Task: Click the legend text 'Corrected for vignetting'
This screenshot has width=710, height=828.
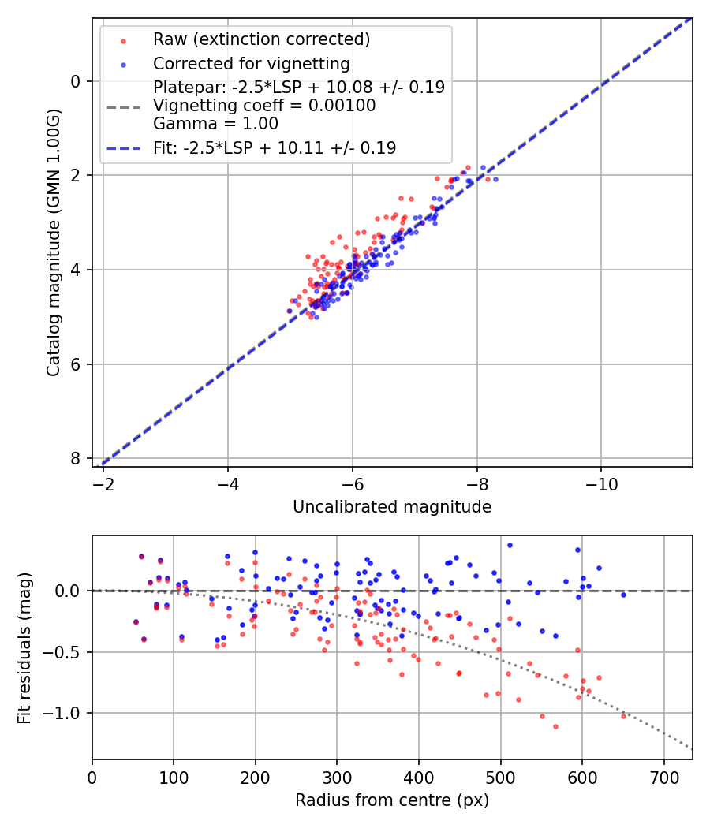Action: [251, 63]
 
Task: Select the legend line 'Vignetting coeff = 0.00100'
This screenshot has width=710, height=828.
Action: [264, 105]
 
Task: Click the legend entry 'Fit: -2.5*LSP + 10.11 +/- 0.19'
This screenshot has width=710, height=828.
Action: [275, 147]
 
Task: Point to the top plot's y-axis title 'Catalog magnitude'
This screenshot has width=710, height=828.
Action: [54, 242]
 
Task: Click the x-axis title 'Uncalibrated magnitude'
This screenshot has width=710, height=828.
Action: [392, 507]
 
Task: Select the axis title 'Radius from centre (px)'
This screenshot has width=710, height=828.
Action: [392, 800]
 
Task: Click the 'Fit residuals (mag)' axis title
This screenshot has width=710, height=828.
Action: [24, 647]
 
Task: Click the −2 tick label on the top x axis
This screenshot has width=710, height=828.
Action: [103, 482]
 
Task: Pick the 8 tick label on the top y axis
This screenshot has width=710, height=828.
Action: [75, 458]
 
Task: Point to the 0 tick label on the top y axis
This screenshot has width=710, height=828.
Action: [75, 81]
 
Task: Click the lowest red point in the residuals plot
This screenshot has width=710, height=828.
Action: [555, 726]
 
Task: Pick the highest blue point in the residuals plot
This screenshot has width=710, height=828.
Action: [510, 545]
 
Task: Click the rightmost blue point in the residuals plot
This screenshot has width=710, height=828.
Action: [623, 595]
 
